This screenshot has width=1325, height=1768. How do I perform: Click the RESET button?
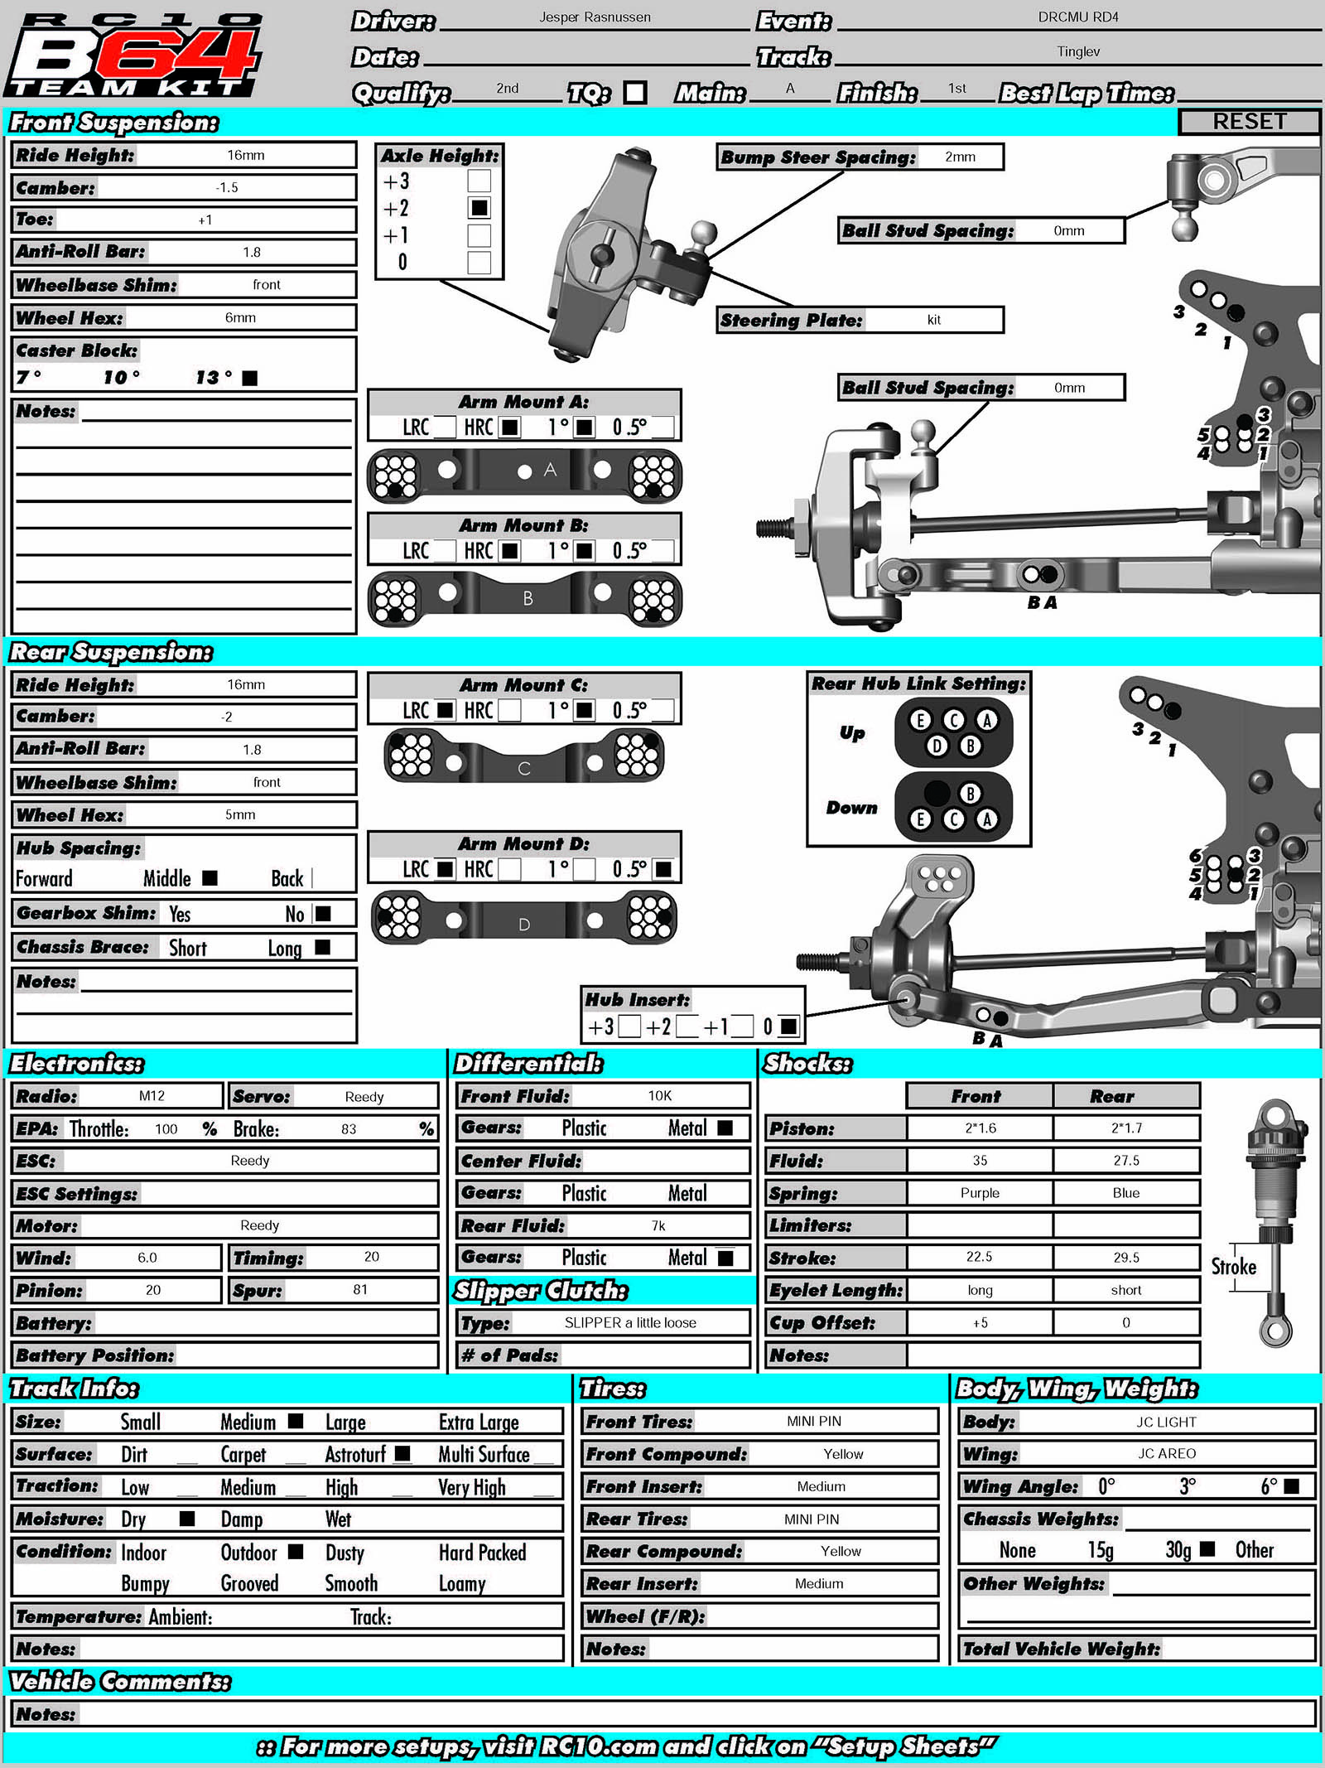tap(1249, 122)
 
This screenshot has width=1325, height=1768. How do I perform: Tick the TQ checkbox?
tap(635, 92)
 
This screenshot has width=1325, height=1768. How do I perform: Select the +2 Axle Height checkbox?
tap(479, 208)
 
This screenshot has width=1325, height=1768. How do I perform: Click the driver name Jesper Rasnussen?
tap(595, 17)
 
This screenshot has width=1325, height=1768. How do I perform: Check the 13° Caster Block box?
tap(249, 378)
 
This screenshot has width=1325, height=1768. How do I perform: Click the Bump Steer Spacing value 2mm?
tap(960, 157)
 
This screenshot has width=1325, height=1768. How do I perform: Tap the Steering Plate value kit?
tap(933, 320)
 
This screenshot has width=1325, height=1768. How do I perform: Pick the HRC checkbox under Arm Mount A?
tap(510, 428)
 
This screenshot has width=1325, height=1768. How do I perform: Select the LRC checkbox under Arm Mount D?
tap(445, 869)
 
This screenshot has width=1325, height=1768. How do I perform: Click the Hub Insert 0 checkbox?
tap(788, 1027)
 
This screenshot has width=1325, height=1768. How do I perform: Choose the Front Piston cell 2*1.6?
tap(980, 1128)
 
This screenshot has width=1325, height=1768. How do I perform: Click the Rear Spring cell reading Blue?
tap(1125, 1193)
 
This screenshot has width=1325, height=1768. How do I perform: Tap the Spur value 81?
tap(359, 1290)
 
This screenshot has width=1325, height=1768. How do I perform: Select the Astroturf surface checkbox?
tap(402, 1453)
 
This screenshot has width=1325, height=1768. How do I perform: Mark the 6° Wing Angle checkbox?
tap(1290, 1486)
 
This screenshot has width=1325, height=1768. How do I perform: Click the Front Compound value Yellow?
tap(842, 1454)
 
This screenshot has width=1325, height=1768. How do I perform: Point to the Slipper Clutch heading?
tap(541, 1291)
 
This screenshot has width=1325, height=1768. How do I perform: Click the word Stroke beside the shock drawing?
tap(1233, 1267)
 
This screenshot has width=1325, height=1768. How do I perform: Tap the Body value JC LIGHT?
tap(1165, 1422)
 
